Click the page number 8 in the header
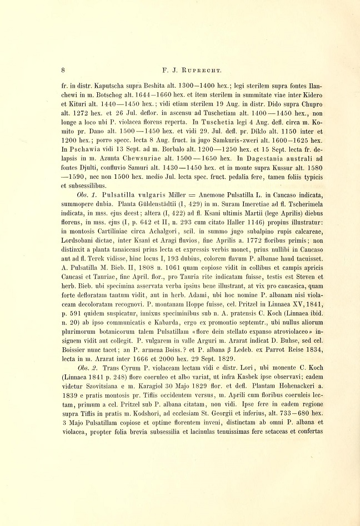click(64, 71)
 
